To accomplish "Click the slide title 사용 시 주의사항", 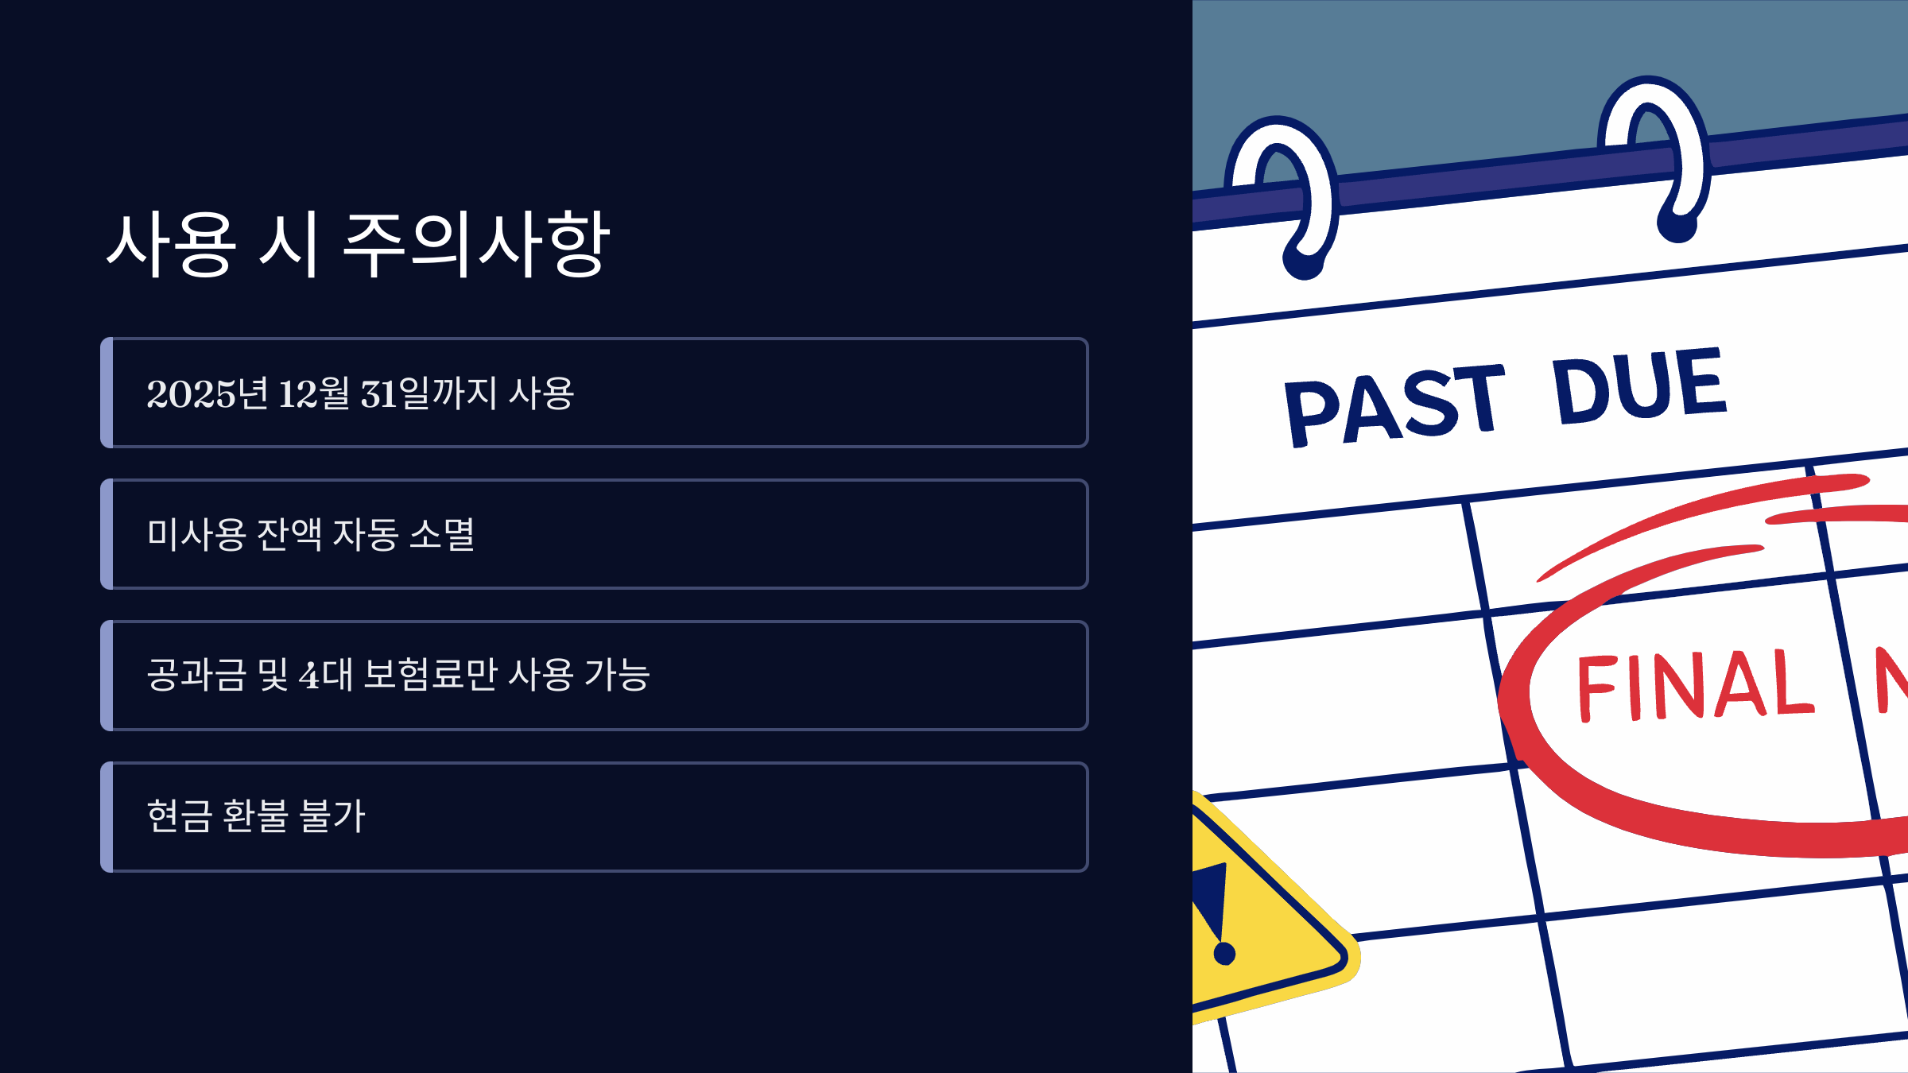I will pyautogui.click(x=358, y=245).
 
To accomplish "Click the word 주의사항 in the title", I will pyautogui.click(x=475, y=245).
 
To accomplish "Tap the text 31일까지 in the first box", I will pyautogui.click(x=429, y=393).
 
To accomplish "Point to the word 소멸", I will pyautogui.click(x=442, y=534).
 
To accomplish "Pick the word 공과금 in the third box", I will pyautogui.click(x=196, y=676).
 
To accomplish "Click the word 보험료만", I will pyautogui.click(x=430, y=676).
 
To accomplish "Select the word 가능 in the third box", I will pyautogui.click(x=617, y=676).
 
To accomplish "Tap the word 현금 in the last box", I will pyautogui.click(x=179, y=817).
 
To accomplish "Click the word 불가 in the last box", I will pyautogui.click(x=332, y=817).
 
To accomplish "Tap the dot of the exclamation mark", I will pyautogui.click(x=1224, y=953).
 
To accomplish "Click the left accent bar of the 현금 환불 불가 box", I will pyautogui.click(x=107, y=817).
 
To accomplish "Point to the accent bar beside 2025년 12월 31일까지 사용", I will pyautogui.click(x=107, y=393).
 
